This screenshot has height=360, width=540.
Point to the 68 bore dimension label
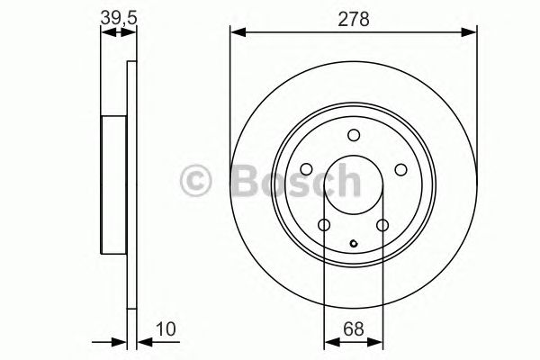pos(353,328)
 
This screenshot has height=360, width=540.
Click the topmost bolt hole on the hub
pos(353,135)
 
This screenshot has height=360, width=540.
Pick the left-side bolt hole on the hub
pos(306,169)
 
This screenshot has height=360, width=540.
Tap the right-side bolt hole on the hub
pos(400,169)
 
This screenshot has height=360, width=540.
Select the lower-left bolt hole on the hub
pos(324,224)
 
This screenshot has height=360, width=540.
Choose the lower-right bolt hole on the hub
pos(382,224)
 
